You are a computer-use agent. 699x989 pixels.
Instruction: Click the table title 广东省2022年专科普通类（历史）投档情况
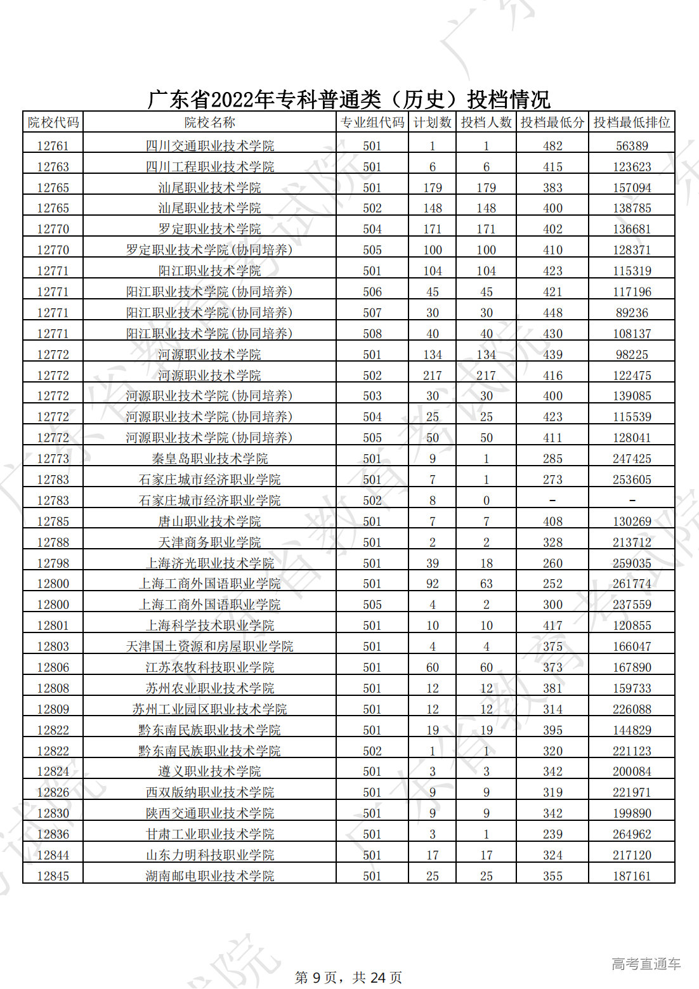pyautogui.click(x=349, y=99)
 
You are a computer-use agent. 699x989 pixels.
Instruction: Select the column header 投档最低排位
pyautogui.click(x=632, y=122)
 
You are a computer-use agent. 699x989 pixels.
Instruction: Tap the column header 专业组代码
pyautogui.click(x=372, y=122)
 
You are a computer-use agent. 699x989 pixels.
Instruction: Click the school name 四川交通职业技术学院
pyautogui.click(x=210, y=146)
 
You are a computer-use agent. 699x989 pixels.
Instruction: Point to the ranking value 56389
pyautogui.click(x=632, y=146)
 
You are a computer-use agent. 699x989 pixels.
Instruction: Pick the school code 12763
pyautogui.click(x=53, y=167)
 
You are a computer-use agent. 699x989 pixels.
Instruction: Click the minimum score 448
pyautogui.click(x=552, y=313)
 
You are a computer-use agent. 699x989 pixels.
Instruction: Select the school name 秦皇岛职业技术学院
pyautogui.click(x=210, y=459)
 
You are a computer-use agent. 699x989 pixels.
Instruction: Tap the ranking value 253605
pyautogui.click(x=632, y=480)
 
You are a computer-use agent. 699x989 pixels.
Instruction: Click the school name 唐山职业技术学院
pyautogui.click(x=210, y=521)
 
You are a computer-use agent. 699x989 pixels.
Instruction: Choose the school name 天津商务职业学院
pyautogui.click(x=210, y=542)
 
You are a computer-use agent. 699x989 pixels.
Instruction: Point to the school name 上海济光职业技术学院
pyautogui.click(x=210, y=563)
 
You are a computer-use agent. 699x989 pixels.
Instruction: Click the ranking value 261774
pyautogui.click(x=632, y=584)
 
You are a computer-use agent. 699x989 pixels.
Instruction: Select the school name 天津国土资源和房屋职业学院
pyautogui.click(x=210, y=646)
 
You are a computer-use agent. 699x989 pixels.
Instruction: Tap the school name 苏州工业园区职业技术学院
pyautogui.click(x=210, y=709)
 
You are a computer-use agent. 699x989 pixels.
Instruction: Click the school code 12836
pyautogui.click(x=53, y=834)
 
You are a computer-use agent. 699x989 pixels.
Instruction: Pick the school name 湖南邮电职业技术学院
pyautogui.click(x=210, y=876)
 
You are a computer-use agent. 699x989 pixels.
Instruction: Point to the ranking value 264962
pyautogui.click(x=632, y=834)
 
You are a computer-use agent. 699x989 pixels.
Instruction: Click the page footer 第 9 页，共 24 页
pyautogui.click(x=349, y=978)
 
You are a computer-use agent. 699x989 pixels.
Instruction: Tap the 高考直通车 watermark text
pyautogui.click(x=646, y=964)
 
